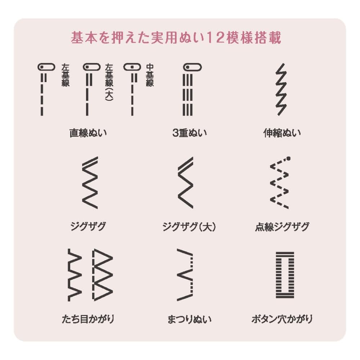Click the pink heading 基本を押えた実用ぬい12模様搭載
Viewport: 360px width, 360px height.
176,37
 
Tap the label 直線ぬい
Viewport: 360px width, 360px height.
88,133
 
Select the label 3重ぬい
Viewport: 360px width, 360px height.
189,133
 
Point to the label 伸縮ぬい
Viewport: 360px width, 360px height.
282,133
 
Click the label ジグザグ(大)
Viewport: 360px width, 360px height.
189,226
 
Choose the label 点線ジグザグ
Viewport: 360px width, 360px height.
282,226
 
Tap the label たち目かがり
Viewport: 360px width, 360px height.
88,319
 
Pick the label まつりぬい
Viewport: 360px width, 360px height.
189,319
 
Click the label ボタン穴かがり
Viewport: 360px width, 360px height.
282,319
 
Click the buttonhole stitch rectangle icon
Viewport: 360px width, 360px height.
276,275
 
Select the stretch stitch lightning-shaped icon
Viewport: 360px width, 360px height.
281,89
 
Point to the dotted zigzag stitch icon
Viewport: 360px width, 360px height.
279,183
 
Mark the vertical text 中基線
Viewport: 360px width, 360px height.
150,75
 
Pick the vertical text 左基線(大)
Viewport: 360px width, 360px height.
109,82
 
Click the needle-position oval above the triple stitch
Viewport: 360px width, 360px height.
192,67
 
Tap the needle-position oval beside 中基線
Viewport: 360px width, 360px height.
132,67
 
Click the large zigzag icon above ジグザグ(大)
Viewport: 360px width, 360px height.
185,183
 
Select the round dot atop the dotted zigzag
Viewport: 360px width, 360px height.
289,158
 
